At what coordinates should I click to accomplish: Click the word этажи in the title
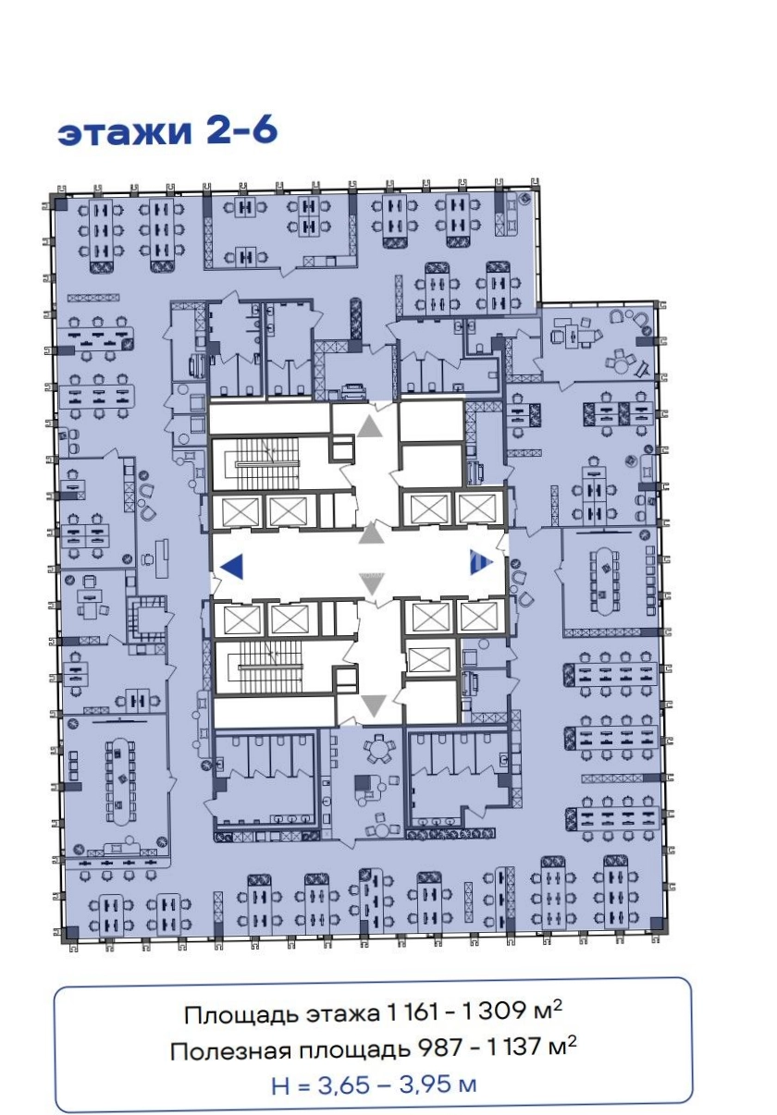(125, 132)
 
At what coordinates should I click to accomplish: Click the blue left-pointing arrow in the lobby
(231, 567)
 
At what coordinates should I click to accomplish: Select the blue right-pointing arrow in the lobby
(481, 562)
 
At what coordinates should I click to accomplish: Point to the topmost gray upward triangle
(370, 426)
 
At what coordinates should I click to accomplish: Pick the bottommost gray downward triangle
(374, 705)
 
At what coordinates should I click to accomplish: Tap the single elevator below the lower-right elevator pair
(429, 656)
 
